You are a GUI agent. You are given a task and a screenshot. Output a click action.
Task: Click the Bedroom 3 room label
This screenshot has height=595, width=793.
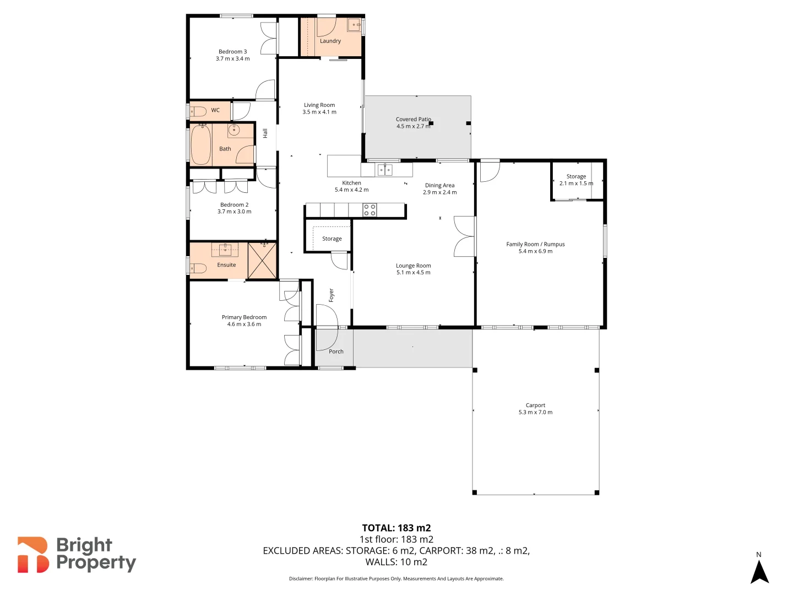232,52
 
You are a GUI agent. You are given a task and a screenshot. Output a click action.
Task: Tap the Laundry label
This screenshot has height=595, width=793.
330,41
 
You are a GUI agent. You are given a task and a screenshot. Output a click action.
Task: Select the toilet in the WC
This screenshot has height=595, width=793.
198,111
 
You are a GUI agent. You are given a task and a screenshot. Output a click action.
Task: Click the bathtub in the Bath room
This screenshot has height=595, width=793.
201,145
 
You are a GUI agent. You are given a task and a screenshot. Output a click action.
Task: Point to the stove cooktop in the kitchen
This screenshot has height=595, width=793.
370,210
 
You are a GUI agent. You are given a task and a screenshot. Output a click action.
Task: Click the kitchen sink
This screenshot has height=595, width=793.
385,170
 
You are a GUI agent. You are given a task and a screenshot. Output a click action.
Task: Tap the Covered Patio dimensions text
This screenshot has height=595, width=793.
413,127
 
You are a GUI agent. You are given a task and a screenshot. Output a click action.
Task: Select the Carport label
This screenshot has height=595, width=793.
535,405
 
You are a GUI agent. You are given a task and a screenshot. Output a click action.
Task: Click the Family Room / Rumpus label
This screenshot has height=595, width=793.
535,245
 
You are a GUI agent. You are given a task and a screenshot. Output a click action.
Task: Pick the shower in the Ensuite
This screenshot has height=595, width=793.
262,260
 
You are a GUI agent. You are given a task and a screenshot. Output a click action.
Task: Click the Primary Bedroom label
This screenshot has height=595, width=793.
244,317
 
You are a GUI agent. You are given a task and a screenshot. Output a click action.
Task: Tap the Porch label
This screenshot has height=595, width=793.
336,351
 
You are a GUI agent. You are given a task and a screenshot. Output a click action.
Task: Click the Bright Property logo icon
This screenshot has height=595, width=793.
33,555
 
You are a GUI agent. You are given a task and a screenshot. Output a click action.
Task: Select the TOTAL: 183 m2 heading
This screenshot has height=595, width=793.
396,528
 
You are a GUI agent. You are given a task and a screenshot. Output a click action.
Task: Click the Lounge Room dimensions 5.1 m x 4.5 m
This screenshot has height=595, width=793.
413,273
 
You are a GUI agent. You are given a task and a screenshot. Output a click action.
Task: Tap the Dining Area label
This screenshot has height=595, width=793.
439,186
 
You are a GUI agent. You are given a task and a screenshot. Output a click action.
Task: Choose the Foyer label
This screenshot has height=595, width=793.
332,295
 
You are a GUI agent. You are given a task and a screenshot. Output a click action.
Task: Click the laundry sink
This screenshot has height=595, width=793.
354,25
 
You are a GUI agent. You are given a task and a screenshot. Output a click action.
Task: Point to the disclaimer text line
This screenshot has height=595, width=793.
396,578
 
